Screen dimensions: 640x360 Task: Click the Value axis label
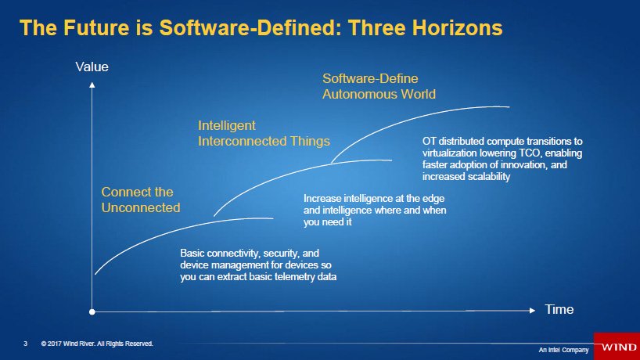92,67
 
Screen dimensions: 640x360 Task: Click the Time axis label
559,309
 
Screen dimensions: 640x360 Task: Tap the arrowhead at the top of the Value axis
92,85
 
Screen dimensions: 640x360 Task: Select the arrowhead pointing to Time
532,311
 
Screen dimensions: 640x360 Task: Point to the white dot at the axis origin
92,311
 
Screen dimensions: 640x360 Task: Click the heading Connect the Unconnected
141,200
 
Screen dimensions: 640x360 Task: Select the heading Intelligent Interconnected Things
264,133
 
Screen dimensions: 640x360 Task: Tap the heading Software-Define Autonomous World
379,86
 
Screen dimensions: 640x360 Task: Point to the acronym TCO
529,153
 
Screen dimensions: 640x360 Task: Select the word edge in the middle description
435,199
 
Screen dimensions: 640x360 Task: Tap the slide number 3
26,344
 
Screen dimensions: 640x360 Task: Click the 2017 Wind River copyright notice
97,344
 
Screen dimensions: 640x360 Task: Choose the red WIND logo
617,347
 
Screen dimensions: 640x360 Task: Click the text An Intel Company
563,350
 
